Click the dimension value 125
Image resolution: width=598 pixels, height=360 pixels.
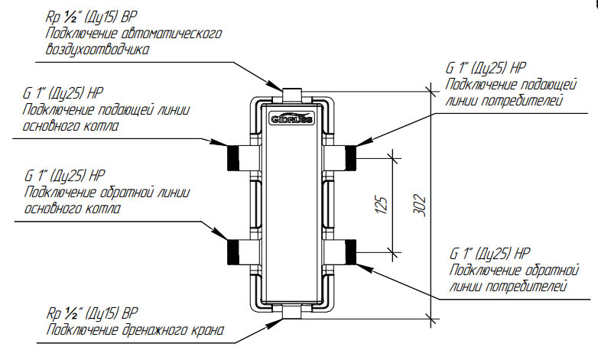click(385, 203)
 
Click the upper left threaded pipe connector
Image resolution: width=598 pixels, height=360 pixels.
click(236, 156)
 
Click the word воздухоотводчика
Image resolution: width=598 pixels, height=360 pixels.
click(93, 50)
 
